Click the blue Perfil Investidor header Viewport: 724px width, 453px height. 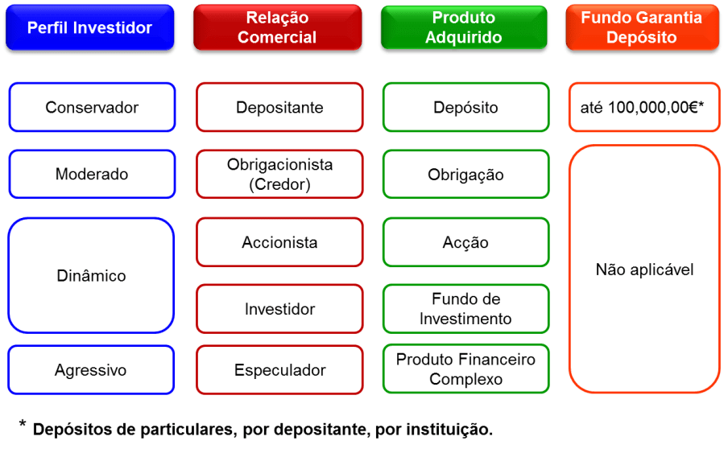tap(89, 28)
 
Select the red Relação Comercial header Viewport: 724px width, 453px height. tap(277, 28)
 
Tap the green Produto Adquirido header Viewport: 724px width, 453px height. tap(465, 28)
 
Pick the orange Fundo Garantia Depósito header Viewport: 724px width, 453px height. tap(642, 28)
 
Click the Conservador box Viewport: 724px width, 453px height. tap(92, 107)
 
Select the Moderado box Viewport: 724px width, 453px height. tap(92, 175)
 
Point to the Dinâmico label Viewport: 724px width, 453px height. tap(92, 276)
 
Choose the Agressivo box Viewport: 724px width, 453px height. tap(92, 371)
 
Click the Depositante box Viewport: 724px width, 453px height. tap(279, 107)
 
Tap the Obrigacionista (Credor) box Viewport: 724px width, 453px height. tap(279, 175)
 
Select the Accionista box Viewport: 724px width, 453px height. tap(279, 242)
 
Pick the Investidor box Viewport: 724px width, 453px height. tap(279, 309)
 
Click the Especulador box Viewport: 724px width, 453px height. tap(279, 371)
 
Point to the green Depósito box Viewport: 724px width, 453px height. tap(465, 107)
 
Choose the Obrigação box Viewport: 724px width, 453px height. tap(465, 175)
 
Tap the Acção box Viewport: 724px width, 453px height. tap(465, 242)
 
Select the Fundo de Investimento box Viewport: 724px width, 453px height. tap(465, 309)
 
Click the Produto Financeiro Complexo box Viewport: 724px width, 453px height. tap(465, 369)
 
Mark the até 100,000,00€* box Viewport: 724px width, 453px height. tap(643, 107)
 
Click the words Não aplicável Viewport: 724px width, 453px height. tap(644, 270)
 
